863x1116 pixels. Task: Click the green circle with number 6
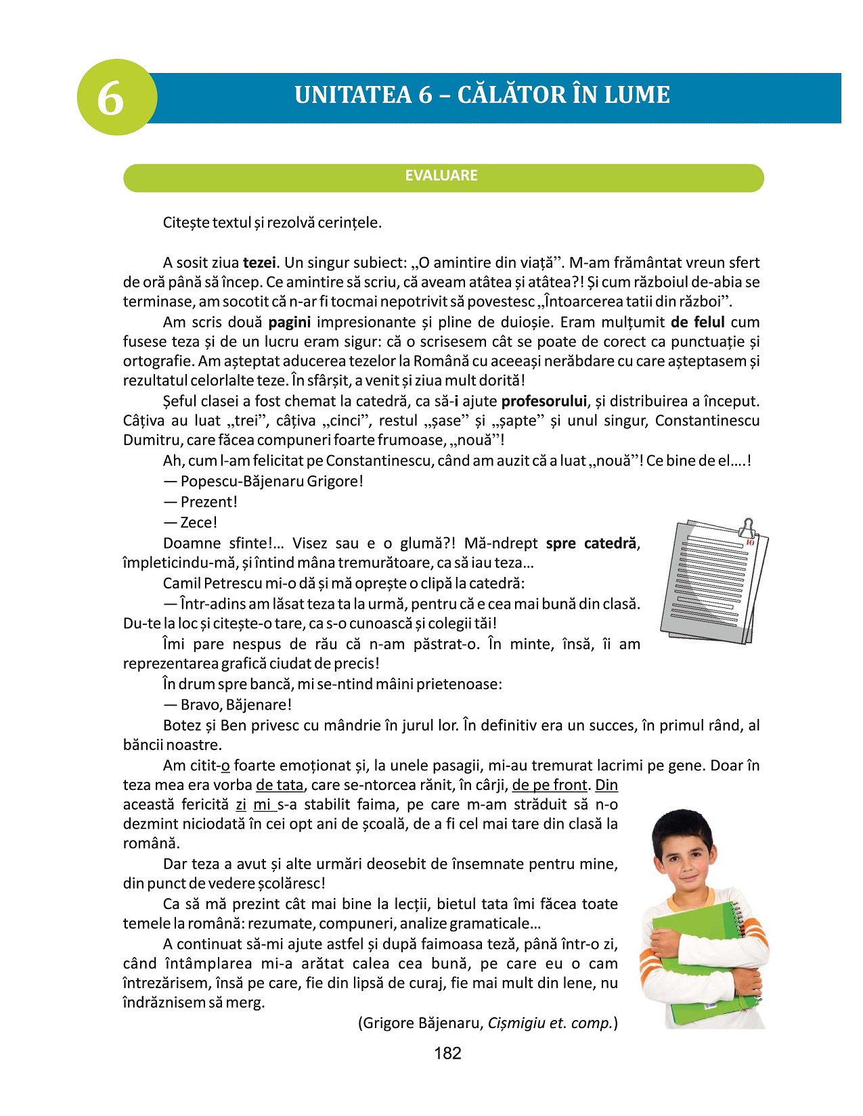(116, 97)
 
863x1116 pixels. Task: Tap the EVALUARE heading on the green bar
(441, 176)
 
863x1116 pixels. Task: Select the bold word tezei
(259, 262)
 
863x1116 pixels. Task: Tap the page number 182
(447, 1053)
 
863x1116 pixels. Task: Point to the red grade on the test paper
(749, 542)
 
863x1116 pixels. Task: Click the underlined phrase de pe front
(550, 785)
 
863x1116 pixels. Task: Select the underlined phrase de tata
(280, 785)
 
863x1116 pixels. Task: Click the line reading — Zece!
(190, 522)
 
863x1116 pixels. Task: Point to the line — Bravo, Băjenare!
(227, 705)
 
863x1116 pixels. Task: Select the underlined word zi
(241, 805)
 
